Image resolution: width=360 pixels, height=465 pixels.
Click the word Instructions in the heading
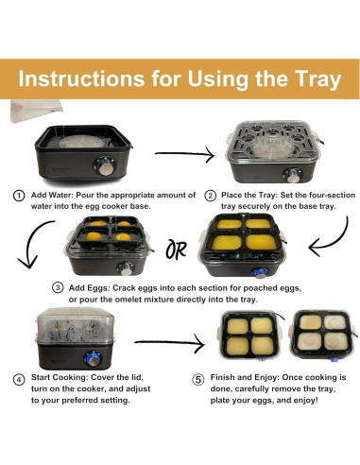tap(81, 78)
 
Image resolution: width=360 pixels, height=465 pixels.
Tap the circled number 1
tap(19, 196)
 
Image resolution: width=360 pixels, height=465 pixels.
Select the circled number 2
tap(211, 196)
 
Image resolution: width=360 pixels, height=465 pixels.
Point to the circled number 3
tap(58, 288)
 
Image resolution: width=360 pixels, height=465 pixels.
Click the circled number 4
tap(19, 379)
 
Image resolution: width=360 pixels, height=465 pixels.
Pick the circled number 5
tap(198, 379)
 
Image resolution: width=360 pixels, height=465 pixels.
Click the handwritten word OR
tap(177, 250)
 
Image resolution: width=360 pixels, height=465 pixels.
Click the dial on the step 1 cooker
tap(105, 166)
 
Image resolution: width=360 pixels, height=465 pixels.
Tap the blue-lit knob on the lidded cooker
tap(93, 358)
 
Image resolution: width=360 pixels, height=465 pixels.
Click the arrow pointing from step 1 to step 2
tap(184, 154)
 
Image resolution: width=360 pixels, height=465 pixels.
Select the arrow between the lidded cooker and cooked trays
tap(169, 343)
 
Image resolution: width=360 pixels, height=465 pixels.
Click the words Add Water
tap(52, 195)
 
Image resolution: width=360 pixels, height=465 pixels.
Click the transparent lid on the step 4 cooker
tap(76, 326)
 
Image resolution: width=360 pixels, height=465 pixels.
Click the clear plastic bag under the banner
tap(35, 110)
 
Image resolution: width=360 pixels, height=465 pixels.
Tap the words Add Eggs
tap(89, 288)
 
